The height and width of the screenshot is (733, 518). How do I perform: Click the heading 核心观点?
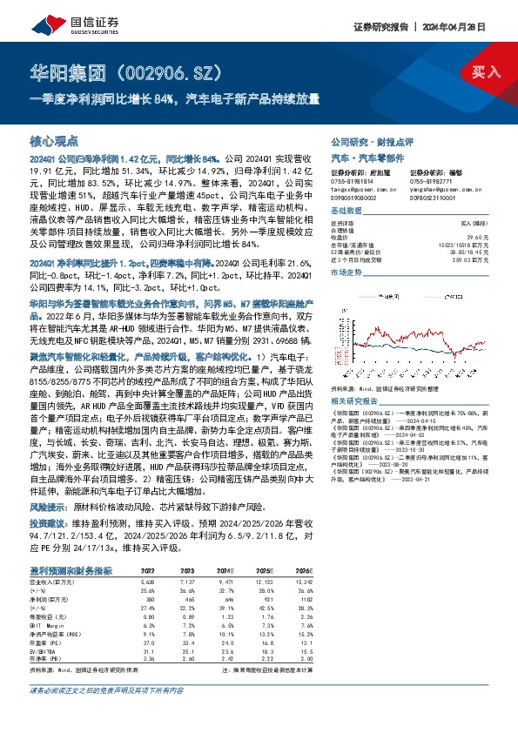(55, 141)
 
